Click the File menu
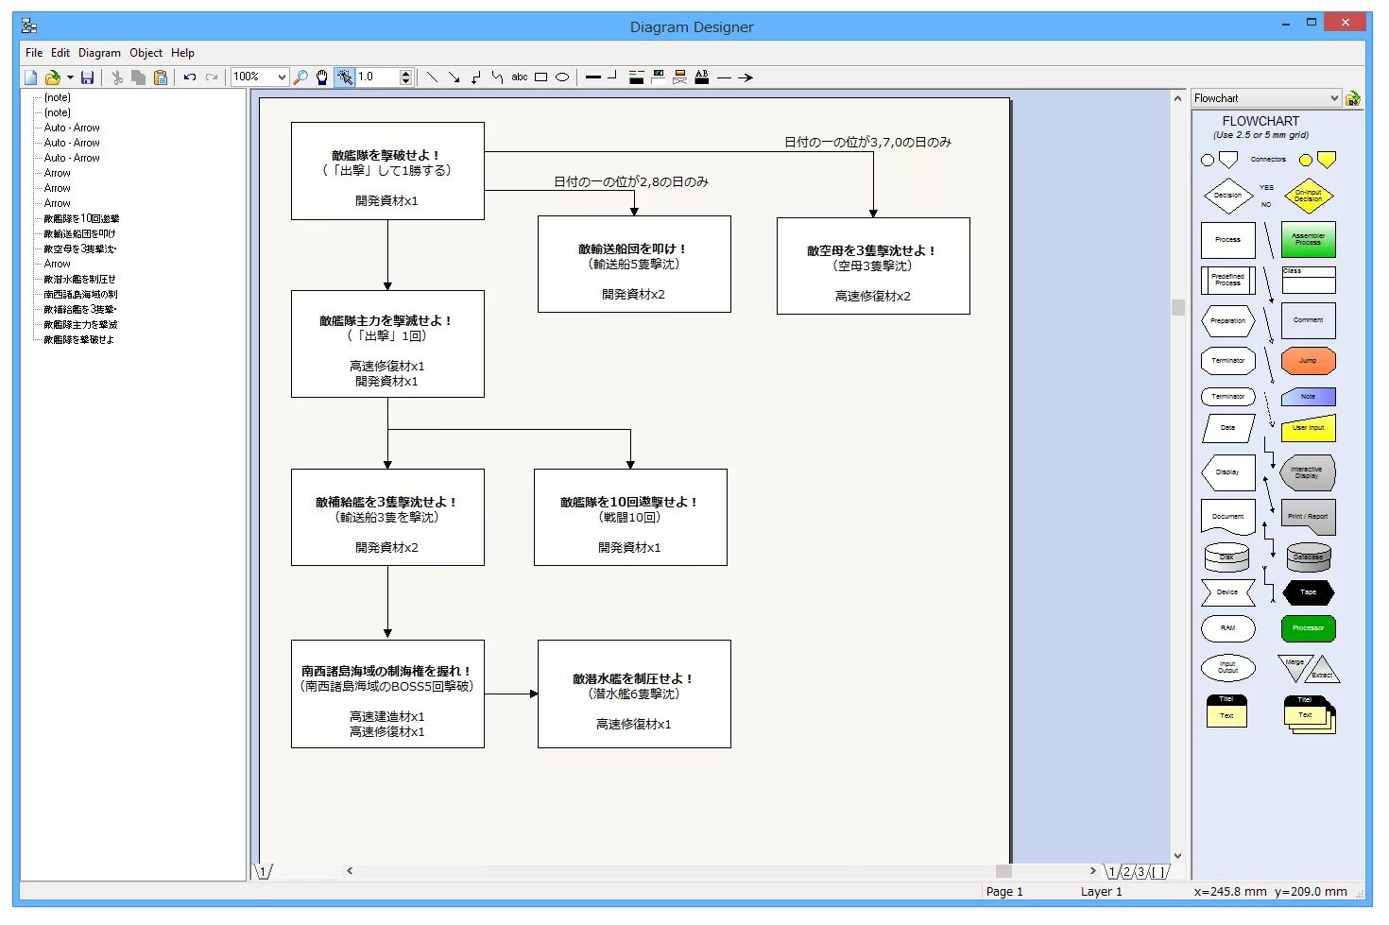34,53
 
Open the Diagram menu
99,53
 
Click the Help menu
182,53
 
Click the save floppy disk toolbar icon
87,77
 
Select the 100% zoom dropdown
259,77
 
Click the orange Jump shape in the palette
1308,360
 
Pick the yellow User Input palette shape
1308,428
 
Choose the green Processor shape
1308,628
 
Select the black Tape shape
1308,592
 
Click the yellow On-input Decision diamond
1308,197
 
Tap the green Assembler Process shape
1308,240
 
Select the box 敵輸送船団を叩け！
633,265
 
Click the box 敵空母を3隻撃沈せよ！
872,266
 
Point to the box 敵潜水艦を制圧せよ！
633,694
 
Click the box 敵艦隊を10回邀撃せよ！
629,518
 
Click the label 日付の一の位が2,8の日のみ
630,181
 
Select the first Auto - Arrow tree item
72,128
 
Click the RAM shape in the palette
1227,628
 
